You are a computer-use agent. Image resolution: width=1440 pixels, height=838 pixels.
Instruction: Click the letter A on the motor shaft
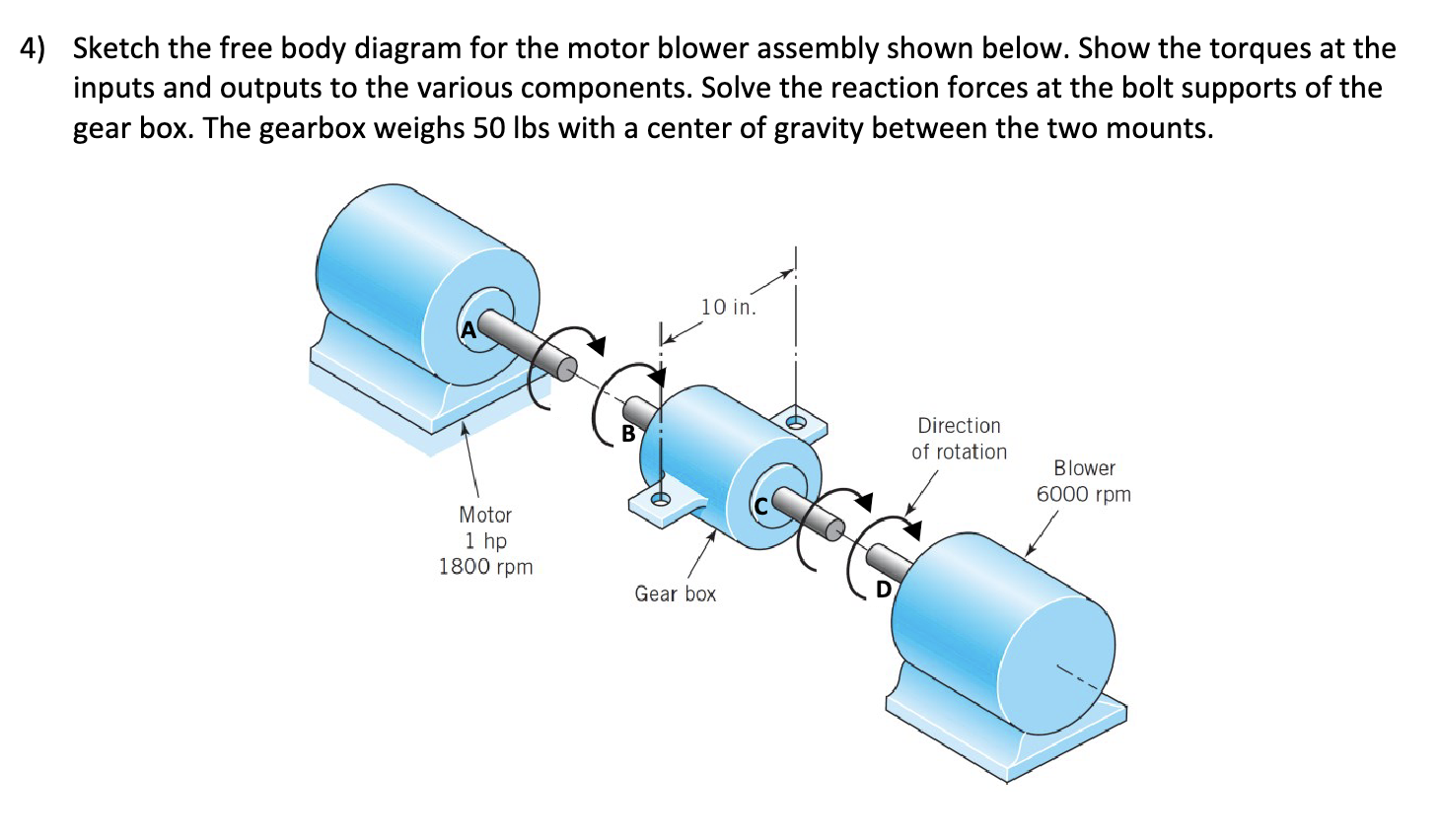click(x=468, y=330)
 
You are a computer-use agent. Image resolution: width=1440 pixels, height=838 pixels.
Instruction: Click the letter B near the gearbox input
click(x=628, y=433)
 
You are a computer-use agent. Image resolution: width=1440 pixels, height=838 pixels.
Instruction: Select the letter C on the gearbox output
click(x=760, y=507)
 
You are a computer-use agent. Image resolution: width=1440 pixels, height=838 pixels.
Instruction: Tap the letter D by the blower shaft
click(x=884, y=590)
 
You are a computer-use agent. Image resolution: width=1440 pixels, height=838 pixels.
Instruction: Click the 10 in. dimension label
click(x=728, y=308)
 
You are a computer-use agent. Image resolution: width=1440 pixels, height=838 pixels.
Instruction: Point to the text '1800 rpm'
click(x=485, y=567)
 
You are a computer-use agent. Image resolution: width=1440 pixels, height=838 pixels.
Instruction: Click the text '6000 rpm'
click(x=1083, y=494)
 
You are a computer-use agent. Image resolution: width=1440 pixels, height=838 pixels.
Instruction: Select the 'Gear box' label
click(x=675, y=594)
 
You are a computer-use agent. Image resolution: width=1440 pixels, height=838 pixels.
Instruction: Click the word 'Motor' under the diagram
click(x=485, y=515)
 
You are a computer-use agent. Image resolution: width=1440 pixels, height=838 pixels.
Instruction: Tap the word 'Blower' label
click(x=1084, y=468)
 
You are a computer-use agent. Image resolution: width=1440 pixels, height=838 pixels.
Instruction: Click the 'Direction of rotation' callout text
click(x=959, y=439)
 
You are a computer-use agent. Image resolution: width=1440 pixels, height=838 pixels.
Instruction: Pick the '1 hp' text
click(x=485, y=541)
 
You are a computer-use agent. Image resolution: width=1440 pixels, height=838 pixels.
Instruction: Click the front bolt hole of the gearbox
click(x=660, y=499)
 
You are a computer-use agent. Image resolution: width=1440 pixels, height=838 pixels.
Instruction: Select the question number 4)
click(x=34, y=48)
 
